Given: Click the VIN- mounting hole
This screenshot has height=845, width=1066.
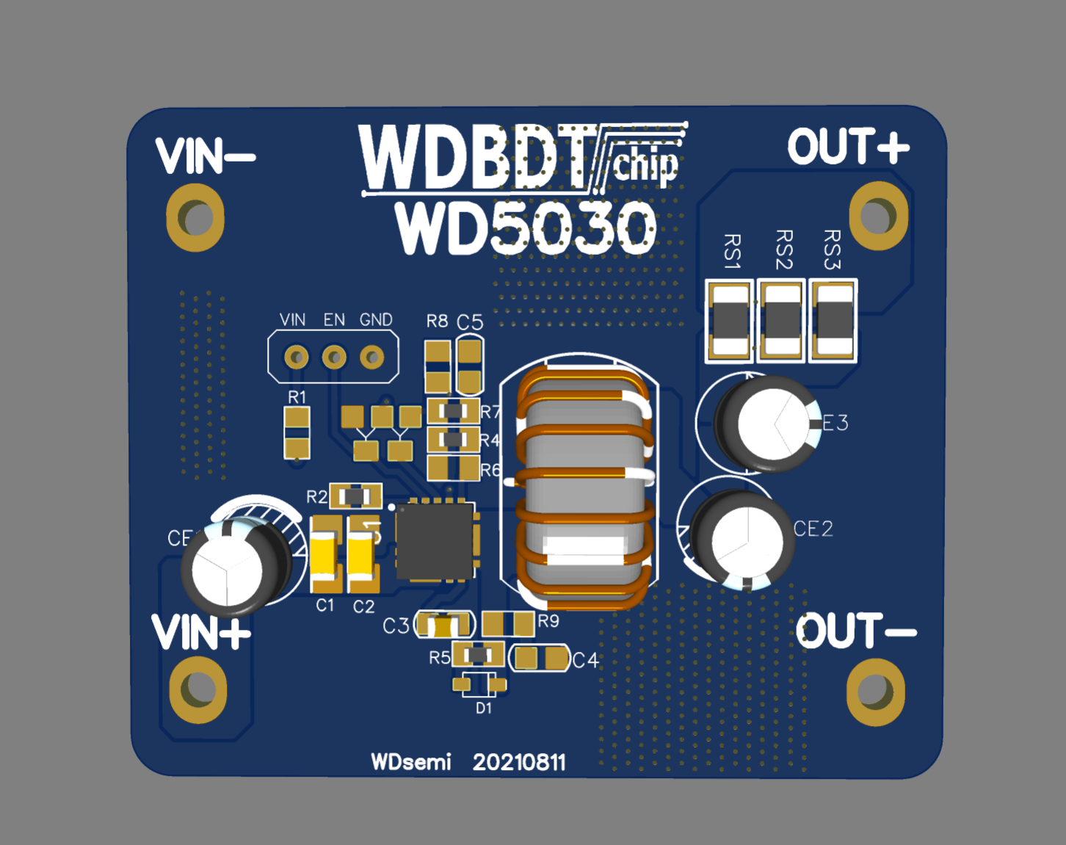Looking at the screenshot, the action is (x=195, y=218).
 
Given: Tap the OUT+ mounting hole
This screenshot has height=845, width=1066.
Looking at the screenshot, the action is (x=878, y=215).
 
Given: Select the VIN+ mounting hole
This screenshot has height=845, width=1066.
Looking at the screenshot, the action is (x=198, y=689).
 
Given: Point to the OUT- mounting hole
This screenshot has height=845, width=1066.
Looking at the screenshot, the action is (x=875, y=692).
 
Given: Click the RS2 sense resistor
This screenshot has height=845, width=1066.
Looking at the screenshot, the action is (x=781, y=321).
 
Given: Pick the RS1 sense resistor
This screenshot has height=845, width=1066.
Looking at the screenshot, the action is (x=730, y=321).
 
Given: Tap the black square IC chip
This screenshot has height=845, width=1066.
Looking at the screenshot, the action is (x=435, y=541).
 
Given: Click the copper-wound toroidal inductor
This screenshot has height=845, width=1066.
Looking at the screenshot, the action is (x=584, y=485).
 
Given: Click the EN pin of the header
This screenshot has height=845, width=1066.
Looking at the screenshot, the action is (x=334, y=358).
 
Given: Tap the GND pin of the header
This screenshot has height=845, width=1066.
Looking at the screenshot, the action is (x=372, y=358).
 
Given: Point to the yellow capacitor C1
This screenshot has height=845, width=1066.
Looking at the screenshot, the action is (x=324, y=554).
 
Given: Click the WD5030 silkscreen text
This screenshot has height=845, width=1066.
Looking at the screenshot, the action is (x=526, y=228).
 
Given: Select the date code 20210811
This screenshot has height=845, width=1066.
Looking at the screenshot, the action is (x=519, y=763).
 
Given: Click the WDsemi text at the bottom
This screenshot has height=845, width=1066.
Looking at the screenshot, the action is (x=411, y=763).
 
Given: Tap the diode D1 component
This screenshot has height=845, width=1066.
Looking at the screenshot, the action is (x=479, y=685).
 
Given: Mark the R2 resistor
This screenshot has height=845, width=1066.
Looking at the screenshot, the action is (x=355, y=497).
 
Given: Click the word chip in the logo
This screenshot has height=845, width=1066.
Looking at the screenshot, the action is (x=645, y=167).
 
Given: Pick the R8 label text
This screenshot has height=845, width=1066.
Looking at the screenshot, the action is (x=437, y=321).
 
